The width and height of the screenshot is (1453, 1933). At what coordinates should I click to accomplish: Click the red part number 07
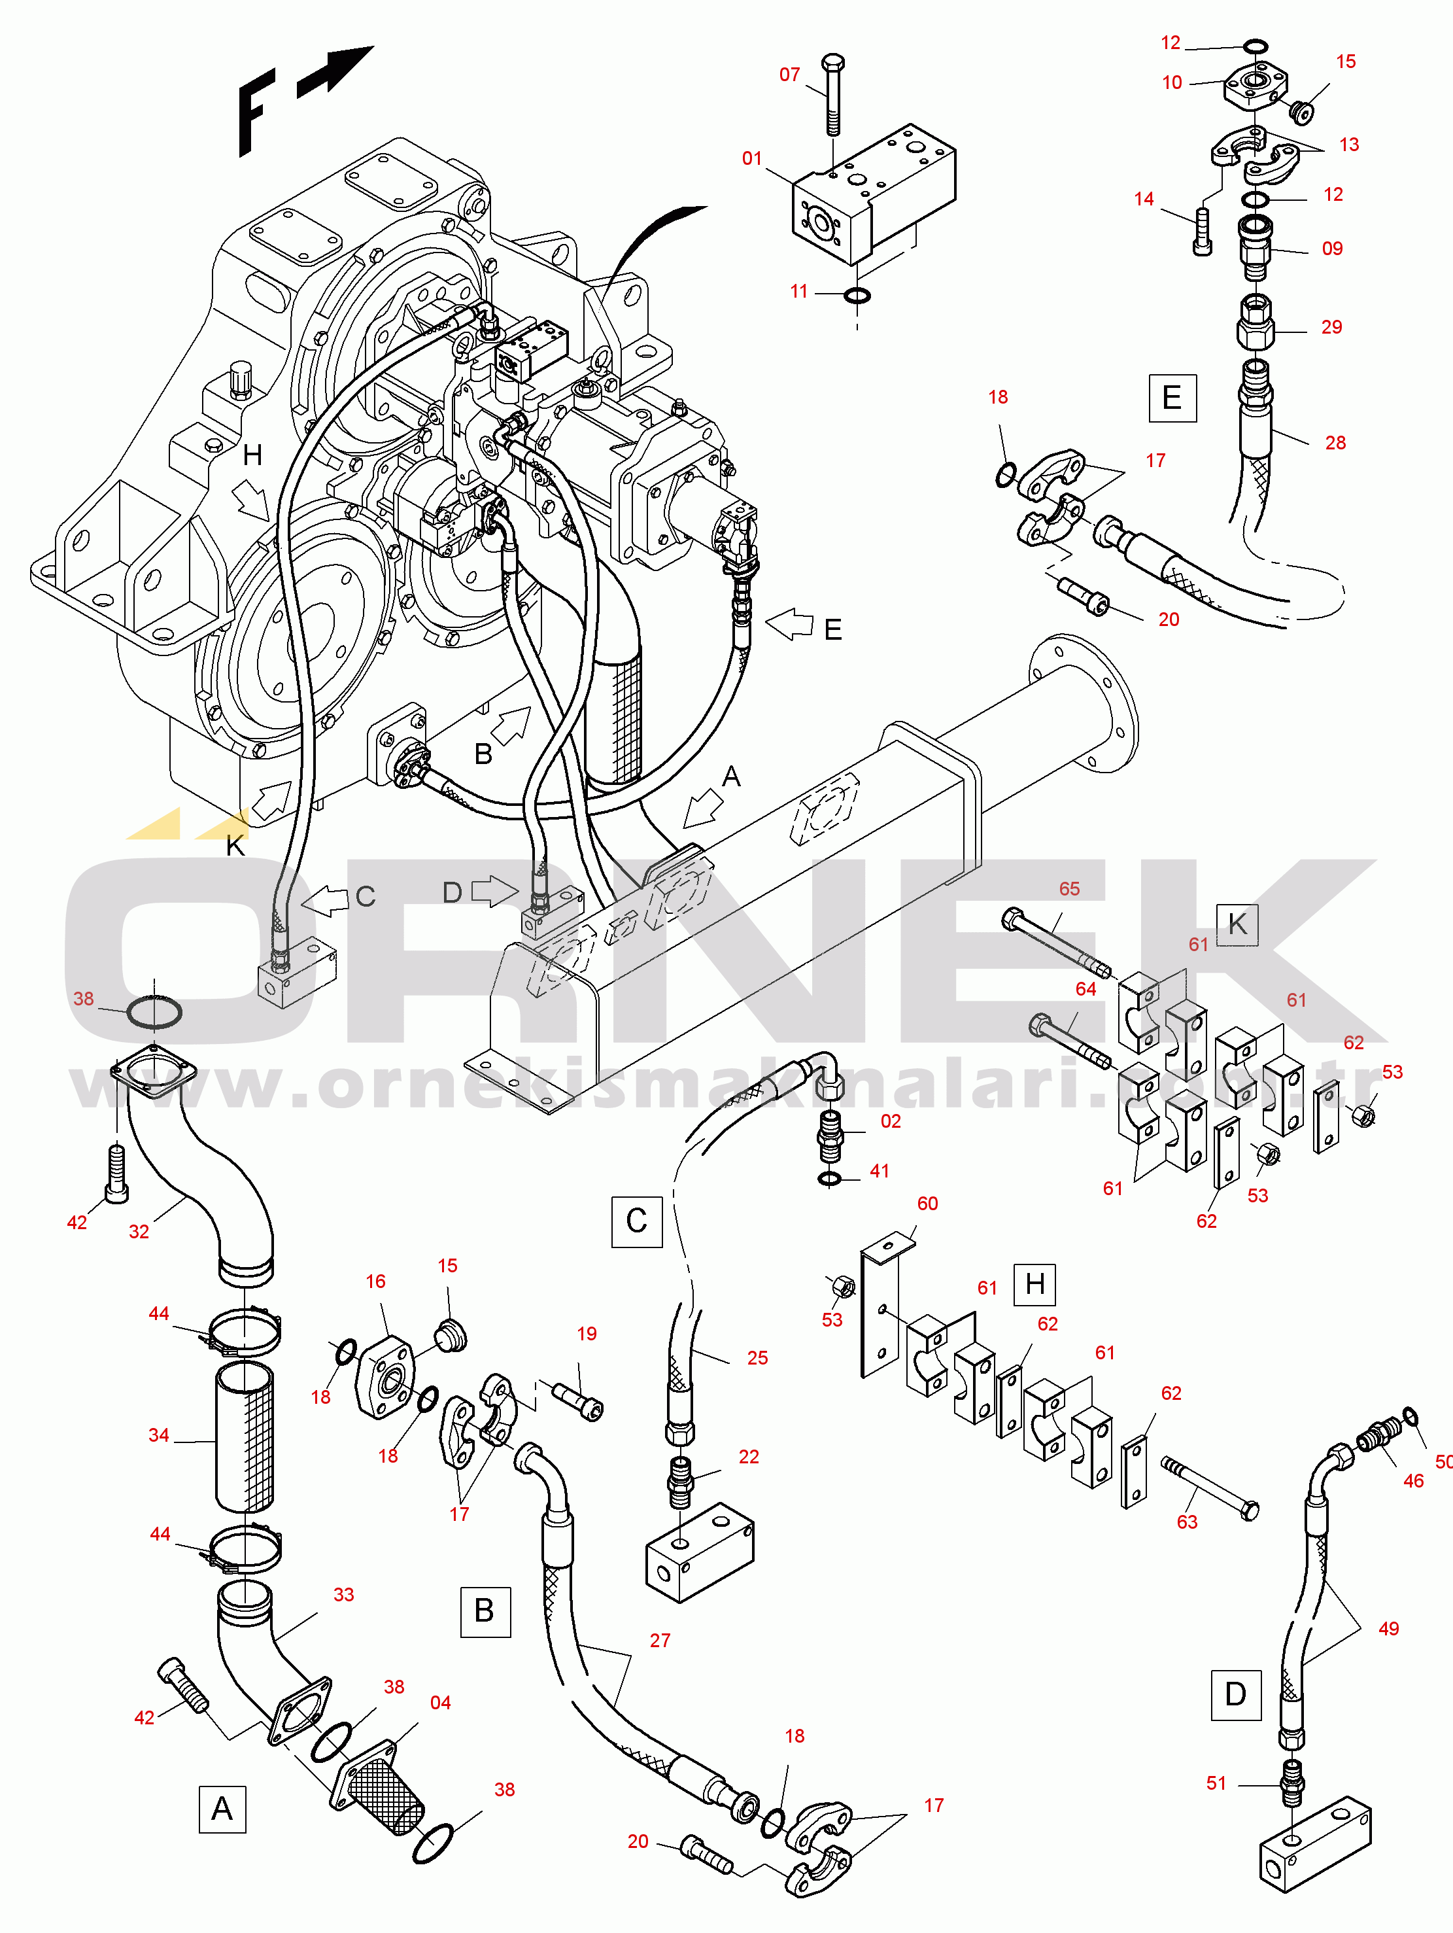(789, 75)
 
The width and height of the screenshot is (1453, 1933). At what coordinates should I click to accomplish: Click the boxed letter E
(1172, 398)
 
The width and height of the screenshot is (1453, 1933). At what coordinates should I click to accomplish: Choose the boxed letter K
(1237, 924)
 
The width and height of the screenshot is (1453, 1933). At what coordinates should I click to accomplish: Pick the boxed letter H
(1034, 1285)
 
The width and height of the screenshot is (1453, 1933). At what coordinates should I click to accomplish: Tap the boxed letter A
(222, 1808)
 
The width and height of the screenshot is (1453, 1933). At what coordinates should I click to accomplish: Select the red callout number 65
(1069, 889)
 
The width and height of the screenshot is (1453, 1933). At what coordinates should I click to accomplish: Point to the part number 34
(158, 1435)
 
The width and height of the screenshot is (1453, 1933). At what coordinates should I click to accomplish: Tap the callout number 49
(1388, 1629)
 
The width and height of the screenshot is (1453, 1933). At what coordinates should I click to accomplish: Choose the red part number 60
(927, 1204)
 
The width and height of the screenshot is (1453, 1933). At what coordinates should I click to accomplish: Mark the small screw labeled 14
(1203, 232)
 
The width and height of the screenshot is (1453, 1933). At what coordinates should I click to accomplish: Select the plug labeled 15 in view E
(1303, 112)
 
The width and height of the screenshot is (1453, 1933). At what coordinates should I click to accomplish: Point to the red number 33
(343, 1595)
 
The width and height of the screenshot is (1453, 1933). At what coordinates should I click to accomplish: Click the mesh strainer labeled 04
(385, 1792)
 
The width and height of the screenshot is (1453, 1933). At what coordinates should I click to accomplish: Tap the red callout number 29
(1331, 327)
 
